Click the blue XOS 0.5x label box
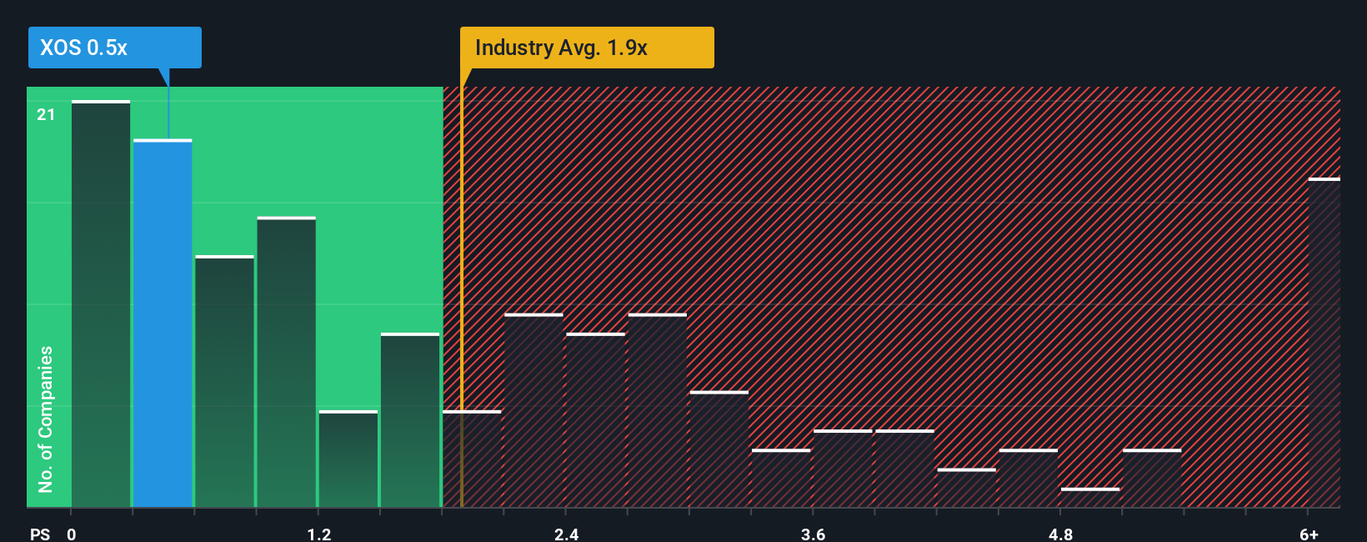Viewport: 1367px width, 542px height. pyautogui.click(x=115, y=48)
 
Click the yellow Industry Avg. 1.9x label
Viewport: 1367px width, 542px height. pyautogui.click(x=587, y=48)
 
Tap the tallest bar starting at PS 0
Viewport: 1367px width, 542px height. pyautogui.click(x=101, y=304)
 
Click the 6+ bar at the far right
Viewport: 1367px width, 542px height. pyautogui.click(x=1324, y=343)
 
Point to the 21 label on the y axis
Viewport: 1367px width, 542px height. pyautogui.click(x=46, y=114)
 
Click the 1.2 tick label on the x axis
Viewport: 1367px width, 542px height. pyautogui.click(x=318, y=534)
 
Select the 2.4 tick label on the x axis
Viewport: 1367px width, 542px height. pyautogui.click(x=566, y=534)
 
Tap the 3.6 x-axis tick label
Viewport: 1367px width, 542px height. pyautogui.click(x=813, y=534)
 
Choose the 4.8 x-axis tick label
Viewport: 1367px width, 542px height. pyautogui.click(x=1060, y=534)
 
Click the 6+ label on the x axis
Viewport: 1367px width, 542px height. pyautogui.click(x=1309, y=534)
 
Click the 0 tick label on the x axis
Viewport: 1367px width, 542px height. pyautogui.click(x=72, y=534)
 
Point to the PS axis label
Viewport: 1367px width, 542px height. pyautogui.click(x=40, y=534)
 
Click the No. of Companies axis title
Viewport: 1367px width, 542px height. pyautogui.click(x=46, y=419)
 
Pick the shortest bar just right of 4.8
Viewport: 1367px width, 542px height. pyautogui.click(x=1089, y=498)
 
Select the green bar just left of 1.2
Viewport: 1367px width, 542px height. pyautogui.click(x=286, y=362)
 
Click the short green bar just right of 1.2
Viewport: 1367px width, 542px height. pyautogui.click(x=348, y=459)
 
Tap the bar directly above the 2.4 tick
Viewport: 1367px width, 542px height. pyautogui.click(x=595, y=420)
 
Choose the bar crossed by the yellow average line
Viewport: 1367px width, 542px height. pyautogui.click(x=472, y=459)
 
